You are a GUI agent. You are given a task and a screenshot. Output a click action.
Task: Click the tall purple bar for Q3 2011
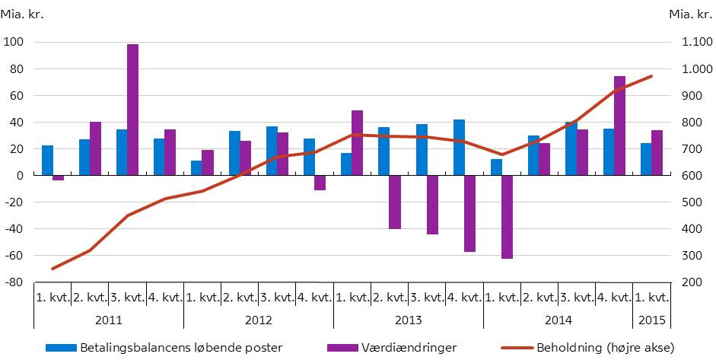coord(133,110)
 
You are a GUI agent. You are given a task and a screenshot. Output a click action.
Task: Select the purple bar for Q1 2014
coord(507,217)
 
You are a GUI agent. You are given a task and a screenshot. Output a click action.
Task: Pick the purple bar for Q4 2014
coord(619,126)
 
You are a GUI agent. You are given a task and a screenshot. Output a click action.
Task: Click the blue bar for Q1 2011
coord(47,161)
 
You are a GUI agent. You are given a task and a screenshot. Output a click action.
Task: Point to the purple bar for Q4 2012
coord(320,183)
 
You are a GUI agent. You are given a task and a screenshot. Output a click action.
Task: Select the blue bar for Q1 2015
coord(646,159)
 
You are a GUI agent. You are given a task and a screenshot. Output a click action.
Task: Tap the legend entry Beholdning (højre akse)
coord(603,348)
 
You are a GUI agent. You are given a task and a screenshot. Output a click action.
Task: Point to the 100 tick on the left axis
coord(13,42)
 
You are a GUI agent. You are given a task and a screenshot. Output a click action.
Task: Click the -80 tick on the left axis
coord(13,282)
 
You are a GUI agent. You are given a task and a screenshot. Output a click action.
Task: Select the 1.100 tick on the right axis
coord(688,42)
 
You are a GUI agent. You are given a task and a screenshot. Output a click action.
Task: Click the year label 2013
coord(408,318)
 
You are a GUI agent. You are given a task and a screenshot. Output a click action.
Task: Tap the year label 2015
coord(652,318)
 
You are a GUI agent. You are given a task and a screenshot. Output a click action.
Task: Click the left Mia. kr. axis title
coord(22,14)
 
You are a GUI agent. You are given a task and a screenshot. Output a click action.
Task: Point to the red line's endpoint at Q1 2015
coord(652,76)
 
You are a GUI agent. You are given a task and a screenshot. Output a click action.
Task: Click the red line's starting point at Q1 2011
coord(53,269)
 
